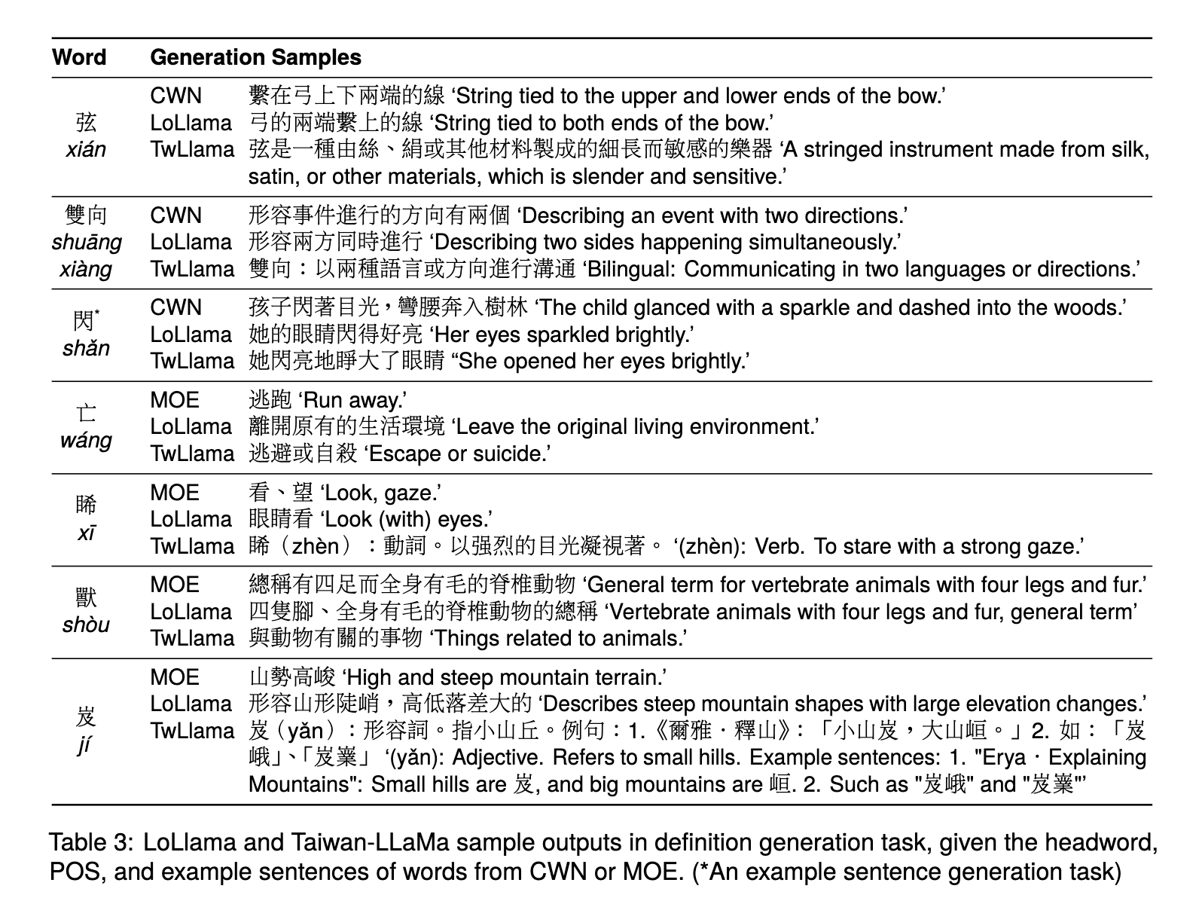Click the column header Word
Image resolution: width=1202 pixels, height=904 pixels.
(79, 57)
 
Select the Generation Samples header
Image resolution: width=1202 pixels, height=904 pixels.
(255, 57)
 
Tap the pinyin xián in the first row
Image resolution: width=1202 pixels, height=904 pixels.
(86, 149)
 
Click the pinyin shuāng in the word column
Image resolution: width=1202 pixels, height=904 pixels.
(87, 243)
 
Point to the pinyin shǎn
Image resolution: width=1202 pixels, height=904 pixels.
(86, 349)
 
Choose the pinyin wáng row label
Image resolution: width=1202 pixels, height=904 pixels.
(86, 441)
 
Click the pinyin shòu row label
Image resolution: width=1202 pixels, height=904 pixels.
(86, 625)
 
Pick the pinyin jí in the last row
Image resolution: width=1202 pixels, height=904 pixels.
(85, 745)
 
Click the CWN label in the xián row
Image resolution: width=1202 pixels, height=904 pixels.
(176, 96)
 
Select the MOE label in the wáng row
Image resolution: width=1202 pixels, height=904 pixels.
(175, 400)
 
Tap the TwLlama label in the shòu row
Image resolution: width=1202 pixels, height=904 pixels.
(192, 639)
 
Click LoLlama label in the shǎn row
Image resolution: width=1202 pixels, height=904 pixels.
(191, 334)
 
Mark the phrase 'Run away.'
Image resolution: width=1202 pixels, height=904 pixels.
(354, 400)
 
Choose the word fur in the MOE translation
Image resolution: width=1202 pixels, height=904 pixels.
(1124, 585)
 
